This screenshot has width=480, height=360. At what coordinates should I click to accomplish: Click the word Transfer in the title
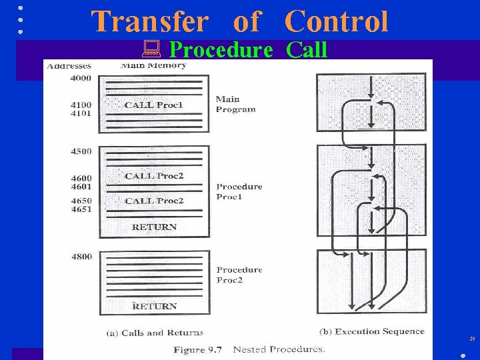click(150, 21)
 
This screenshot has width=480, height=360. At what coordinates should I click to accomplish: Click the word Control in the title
click(336, 21)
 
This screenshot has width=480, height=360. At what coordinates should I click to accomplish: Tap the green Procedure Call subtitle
click(248, 50)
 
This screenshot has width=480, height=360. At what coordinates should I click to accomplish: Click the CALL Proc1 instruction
click(153, 105)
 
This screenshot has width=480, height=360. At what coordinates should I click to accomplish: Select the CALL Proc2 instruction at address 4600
click(154, 176)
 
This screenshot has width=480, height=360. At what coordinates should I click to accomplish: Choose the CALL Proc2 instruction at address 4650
click(154, 201)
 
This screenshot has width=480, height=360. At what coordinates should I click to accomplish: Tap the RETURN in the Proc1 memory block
click(154, 227)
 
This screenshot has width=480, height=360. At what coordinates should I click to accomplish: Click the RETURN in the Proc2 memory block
click(154, 306)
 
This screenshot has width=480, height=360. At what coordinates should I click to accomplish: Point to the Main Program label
click(235, 104)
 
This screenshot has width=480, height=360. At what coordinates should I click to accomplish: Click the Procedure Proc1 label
click(239, 191)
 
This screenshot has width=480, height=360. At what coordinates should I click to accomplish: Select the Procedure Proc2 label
click(239, 275)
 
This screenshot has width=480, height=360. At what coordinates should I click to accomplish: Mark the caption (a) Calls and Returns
click(155, 332)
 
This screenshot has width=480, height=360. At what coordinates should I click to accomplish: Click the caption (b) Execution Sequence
click(371, 331)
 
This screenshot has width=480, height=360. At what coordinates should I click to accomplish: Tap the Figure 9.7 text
click(198, 349)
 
